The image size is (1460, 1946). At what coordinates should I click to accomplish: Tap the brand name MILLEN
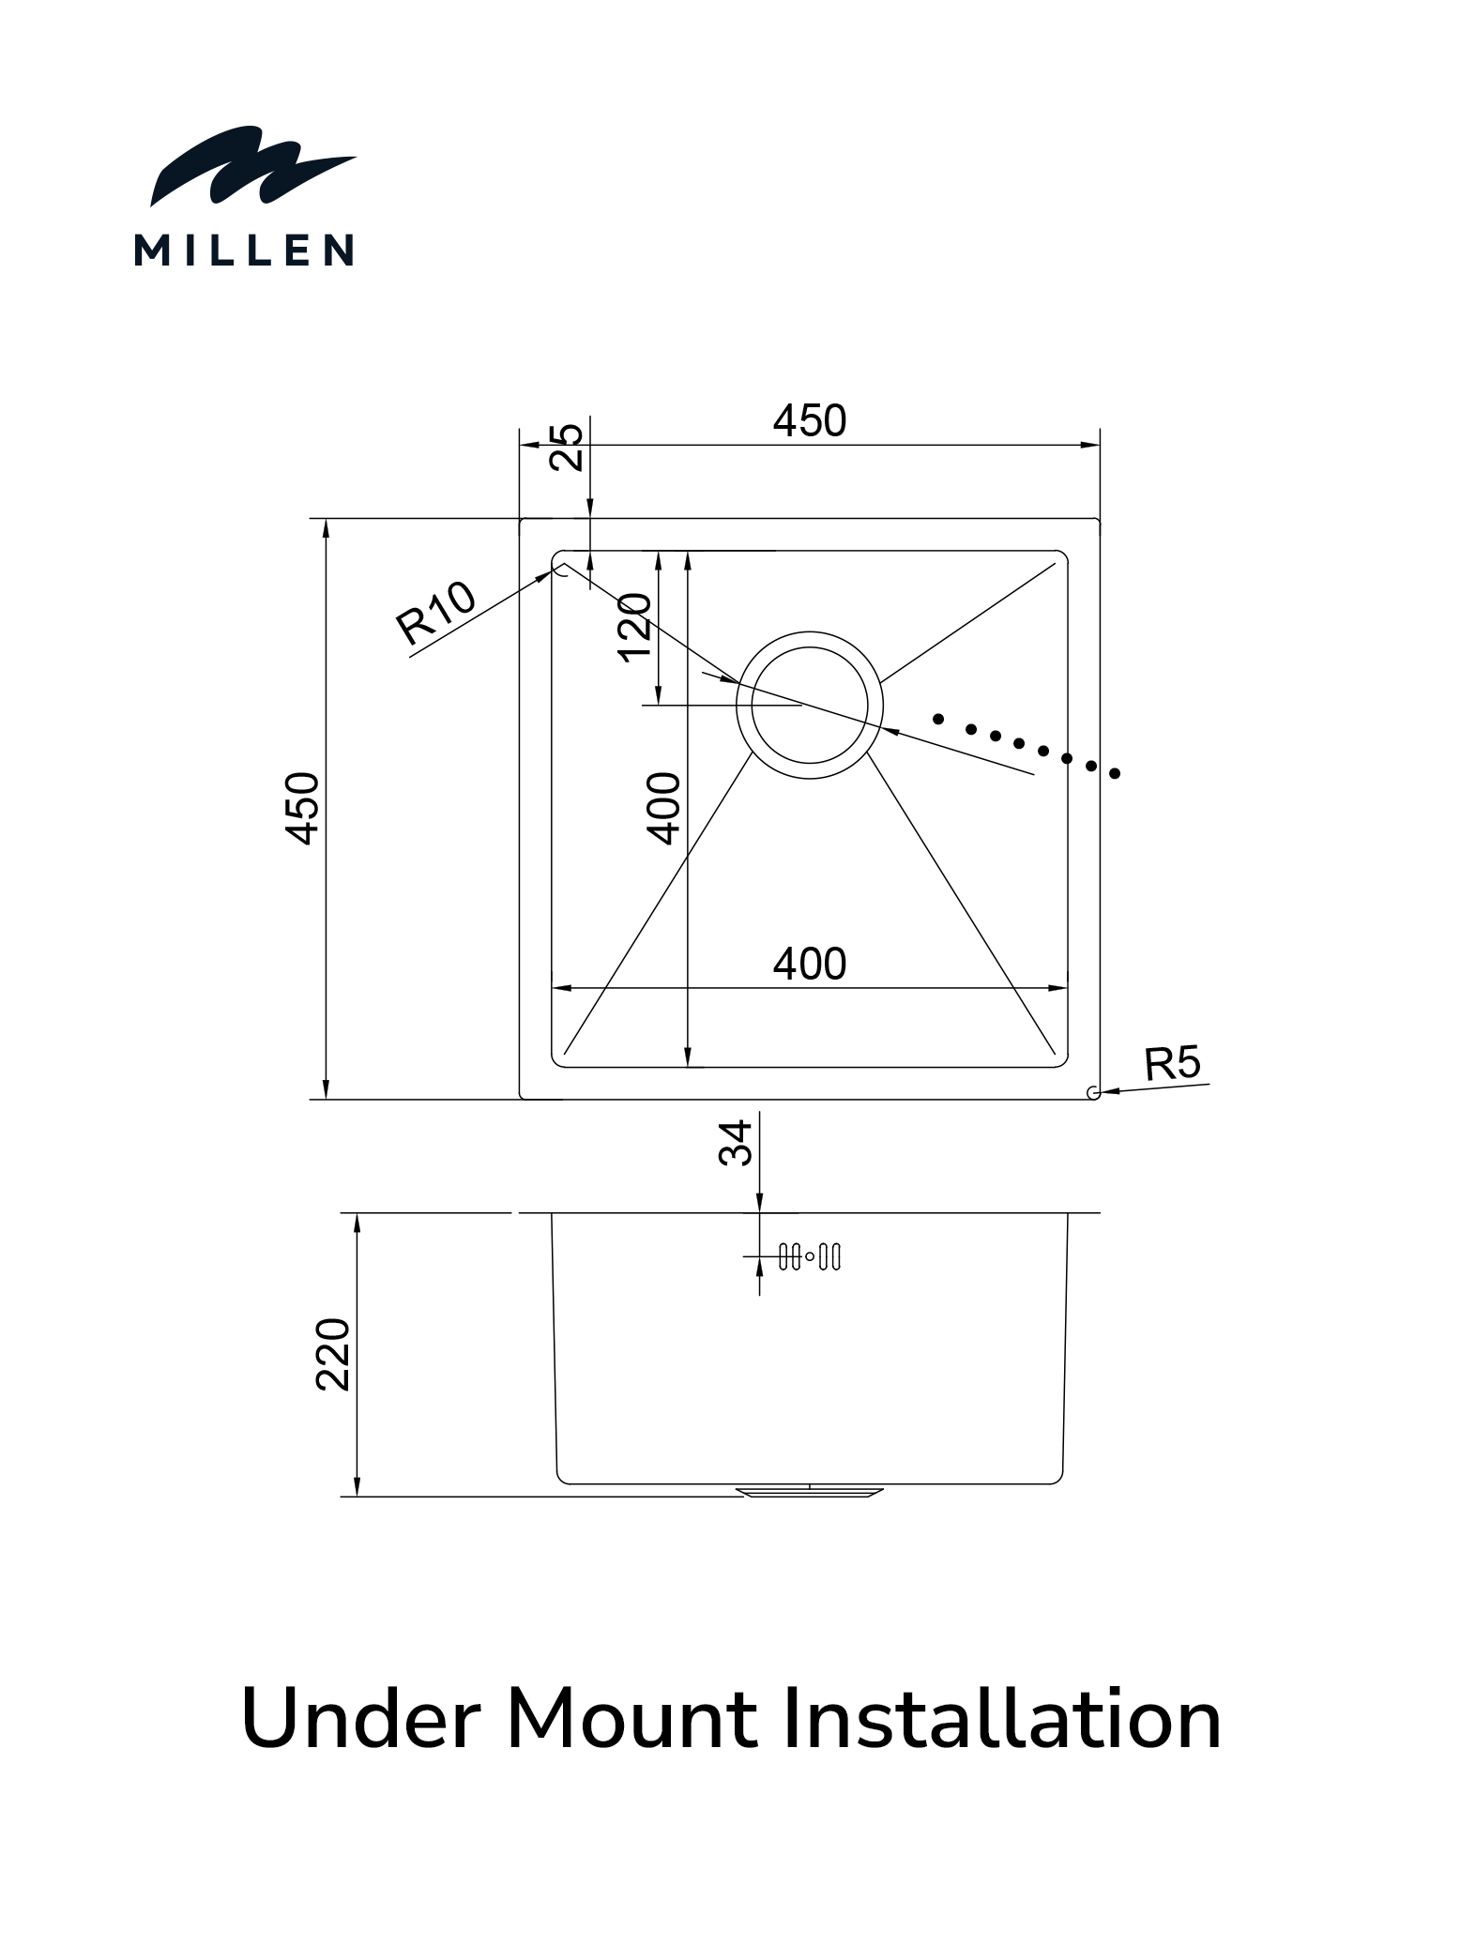244,251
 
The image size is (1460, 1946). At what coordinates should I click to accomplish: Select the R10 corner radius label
435,613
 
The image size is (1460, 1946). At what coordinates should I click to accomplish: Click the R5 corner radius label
1172,1064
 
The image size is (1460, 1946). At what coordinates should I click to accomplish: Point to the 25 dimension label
567,447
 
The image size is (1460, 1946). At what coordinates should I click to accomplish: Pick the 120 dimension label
635,627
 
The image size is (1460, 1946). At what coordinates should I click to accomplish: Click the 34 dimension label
736,1142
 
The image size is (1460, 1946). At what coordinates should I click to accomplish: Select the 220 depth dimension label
333,1354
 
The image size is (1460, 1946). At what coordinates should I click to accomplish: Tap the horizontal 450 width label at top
809,420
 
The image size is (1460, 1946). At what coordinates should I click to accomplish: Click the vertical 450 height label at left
302,808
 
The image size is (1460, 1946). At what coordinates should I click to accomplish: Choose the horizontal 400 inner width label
809,964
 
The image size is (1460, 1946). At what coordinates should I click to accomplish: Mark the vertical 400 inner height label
664,808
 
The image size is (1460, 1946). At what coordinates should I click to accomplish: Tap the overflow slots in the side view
810,1256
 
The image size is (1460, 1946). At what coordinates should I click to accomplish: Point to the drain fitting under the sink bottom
810,1491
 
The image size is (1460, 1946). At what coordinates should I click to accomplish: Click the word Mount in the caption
631,1720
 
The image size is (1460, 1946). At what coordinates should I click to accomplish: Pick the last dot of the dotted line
1115,774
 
